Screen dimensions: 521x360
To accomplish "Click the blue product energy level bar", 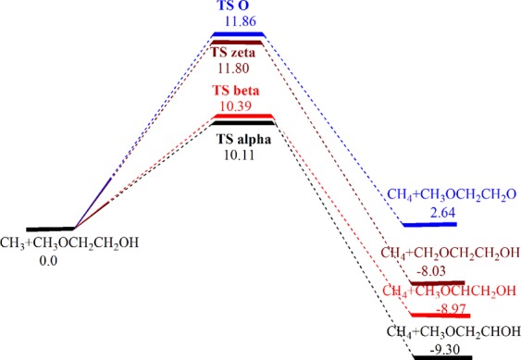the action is click(x=430, y=225).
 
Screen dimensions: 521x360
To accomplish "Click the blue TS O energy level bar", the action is click(x=239, y=34).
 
